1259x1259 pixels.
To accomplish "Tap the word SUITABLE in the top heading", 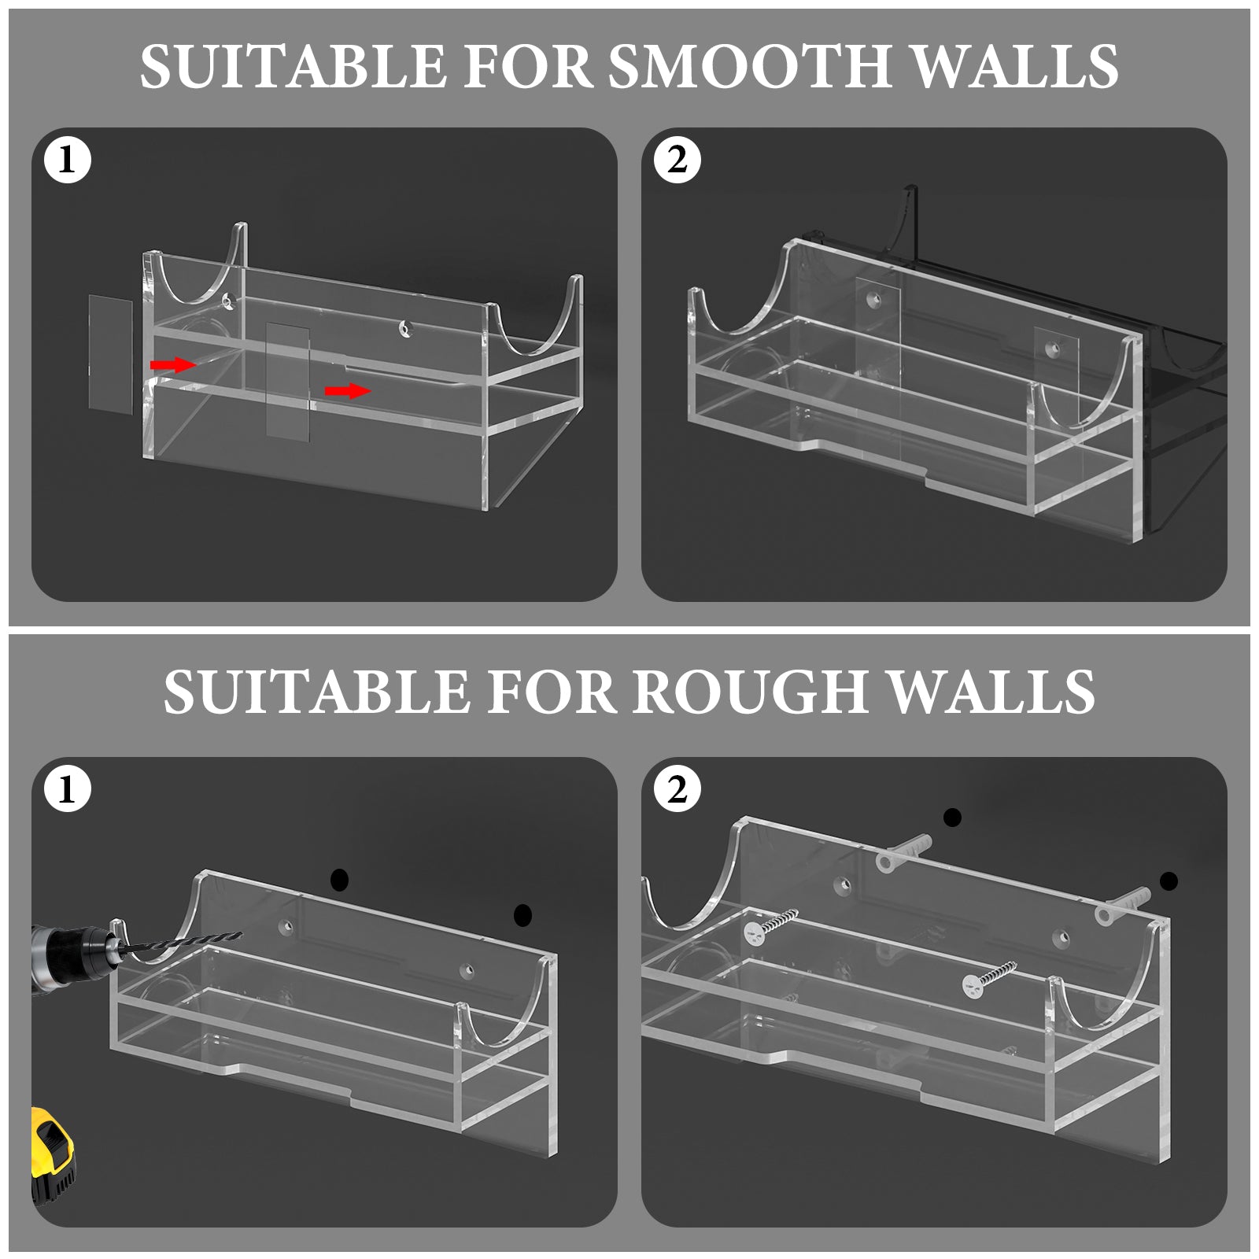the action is (x=292, y=66).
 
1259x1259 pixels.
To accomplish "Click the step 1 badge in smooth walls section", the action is (x=68, y=161).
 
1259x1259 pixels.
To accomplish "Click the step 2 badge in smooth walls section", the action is (x=677, y=161).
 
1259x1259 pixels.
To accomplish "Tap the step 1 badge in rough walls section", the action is (x=68, y=789).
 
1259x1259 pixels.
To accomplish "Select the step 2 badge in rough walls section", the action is (x=677, y=789).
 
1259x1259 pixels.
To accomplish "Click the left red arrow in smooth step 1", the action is (x=173, y=364).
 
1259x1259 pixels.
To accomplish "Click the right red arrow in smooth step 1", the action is (x=348, y=390).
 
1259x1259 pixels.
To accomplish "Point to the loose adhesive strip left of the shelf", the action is (x=109, y=353).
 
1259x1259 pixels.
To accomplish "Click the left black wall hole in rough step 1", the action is (x=339, y=881).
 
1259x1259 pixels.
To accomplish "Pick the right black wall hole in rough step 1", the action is (x=522, y=915).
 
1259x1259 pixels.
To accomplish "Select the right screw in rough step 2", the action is (x=989, y=976).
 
